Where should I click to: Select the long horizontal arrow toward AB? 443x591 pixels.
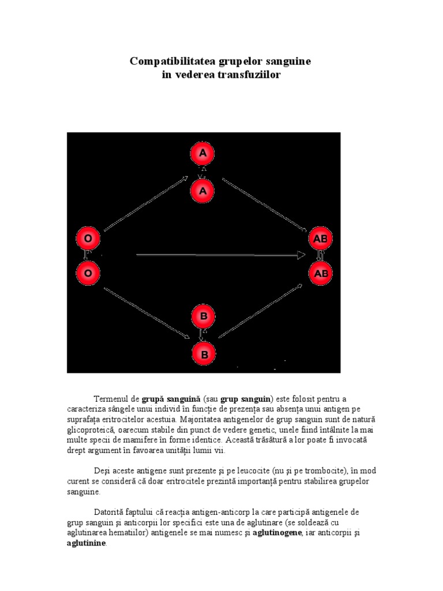pyautogui.click(x=219, y=255)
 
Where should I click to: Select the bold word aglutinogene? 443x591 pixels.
pyautogui.click(x=277, y=533)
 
